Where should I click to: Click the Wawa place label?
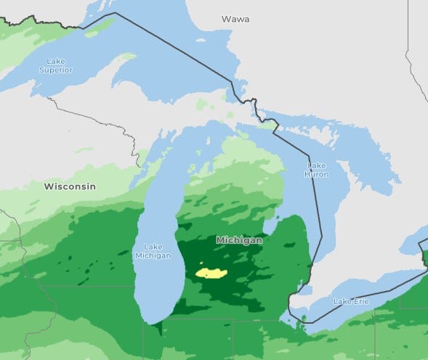click(x=235, y=19)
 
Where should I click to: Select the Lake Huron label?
click(x=316, y=170)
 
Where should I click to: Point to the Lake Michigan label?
click(x=153, y=250)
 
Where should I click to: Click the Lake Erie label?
click(x=352, y=300)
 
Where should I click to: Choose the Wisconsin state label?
click(x=70, y=187)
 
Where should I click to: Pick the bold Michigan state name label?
click(x=238, y=240)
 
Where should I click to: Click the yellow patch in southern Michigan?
click(x=211, y=273)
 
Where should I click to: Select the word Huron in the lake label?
click(x=316, y=174)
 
